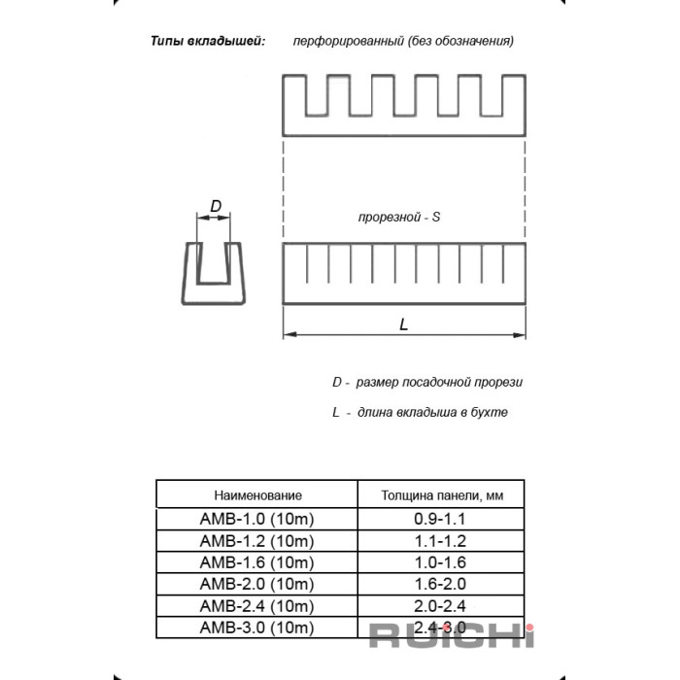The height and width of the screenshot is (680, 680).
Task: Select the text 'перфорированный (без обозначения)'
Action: click(403, 42)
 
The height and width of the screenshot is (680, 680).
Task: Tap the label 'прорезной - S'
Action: click(399, 219)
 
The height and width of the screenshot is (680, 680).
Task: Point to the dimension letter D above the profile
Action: click(216, 206)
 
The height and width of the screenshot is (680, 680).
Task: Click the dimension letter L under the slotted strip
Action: click(404, 324)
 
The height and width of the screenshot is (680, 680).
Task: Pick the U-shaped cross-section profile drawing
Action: click(215, 273)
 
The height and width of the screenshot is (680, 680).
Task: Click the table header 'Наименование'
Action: click(258, 495)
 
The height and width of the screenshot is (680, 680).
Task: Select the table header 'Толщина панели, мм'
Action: click(440, 495)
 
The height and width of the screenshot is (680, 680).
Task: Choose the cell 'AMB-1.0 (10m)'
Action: click(256, 520)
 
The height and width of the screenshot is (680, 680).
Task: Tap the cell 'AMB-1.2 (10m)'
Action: click(256, 541)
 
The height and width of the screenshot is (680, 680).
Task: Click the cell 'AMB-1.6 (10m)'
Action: click(256, 562)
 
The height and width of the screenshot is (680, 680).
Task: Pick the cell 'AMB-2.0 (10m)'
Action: click(256, 584)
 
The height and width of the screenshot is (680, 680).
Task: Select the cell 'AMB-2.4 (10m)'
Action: click(256, 605)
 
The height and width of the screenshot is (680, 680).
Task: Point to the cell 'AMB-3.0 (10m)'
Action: click(256, 627)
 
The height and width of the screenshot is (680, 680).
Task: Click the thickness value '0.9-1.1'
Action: click(440, 520)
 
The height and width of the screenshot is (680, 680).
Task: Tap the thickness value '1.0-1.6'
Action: click(440, 562)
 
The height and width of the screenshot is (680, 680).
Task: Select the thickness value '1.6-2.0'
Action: click(440, 584)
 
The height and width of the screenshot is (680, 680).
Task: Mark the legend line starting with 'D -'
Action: click(426, 383)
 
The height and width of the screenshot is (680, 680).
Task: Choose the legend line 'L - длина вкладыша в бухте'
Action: click(420, 412)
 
